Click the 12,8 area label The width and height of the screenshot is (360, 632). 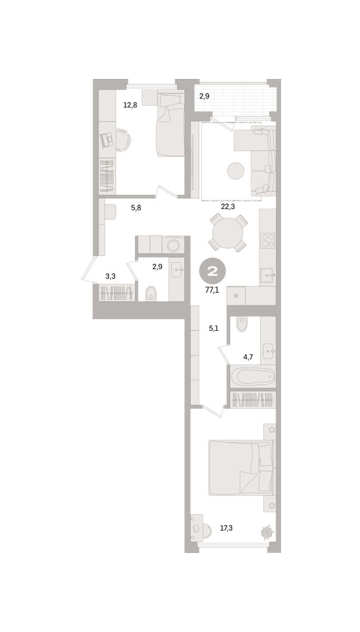click(x=130, y=105)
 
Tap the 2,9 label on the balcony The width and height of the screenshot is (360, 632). click(x=204, y=96)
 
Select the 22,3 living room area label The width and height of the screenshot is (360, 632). click(x=228, y=206)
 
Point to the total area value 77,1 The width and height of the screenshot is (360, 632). click(x=212, y=290)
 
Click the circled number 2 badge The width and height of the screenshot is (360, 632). click(x=213, y=271)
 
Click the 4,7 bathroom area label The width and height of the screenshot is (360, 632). click(x=248, y=357)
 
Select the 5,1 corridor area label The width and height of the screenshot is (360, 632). click(x=214, y=329)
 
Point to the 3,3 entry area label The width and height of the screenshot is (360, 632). click(x=111, y=276)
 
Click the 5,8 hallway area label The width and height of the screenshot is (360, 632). click(x=136, y=208)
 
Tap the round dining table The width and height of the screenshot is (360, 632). click(x=227, y=233)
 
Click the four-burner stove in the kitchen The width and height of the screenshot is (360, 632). click(x=267, y=241)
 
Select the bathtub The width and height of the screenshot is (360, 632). click(x=253, y=376)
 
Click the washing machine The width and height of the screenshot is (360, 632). click(x=173, y=245)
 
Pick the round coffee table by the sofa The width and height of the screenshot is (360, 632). click(x=236, y=171)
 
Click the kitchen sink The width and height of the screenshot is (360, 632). click(x=267, y=275)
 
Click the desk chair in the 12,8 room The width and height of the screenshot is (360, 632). click(x=124, y=140)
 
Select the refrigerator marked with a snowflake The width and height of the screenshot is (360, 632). click(x=236, y=295)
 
